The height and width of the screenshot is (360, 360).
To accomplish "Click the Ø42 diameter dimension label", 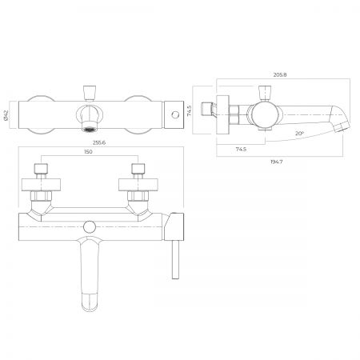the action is coord(7,115).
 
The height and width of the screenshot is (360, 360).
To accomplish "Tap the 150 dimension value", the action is coord(88,152).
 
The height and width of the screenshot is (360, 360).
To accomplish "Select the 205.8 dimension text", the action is coord(280,75).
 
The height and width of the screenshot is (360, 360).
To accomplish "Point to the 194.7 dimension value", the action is coord(276,162).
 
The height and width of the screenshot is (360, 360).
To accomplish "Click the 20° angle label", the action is coord(299,134).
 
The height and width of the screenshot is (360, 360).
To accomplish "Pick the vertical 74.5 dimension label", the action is coord(190,110).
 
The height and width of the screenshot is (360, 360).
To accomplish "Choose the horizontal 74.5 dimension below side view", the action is coord(241,150).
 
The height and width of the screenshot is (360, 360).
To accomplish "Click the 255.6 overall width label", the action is coord(99,142).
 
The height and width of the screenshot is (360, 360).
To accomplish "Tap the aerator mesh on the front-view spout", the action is coord(90,130).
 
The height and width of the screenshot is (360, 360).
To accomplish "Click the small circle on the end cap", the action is coord(175,115).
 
